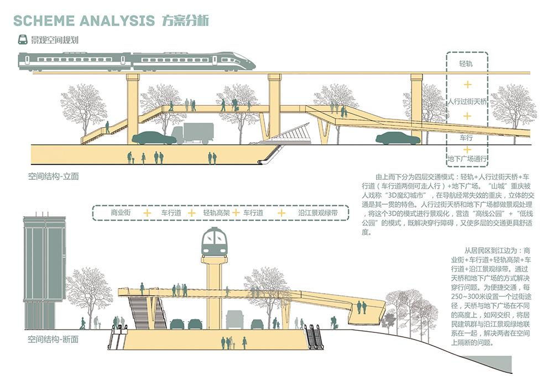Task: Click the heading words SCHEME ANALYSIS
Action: (x=84, y=21)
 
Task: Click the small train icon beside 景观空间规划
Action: (x=23, y=39)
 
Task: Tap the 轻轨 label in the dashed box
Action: (x=466, y=64)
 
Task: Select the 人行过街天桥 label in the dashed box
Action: (x=467, y=102)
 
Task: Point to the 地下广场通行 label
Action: (x=467, y=159)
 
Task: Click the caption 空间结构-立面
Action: (x=53, y=176)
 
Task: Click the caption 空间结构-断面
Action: (x=53, y=340)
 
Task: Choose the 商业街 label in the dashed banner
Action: (x=121, y=212)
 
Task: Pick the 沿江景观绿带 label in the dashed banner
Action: (x=318, y=212)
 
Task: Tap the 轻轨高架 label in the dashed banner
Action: (x=216, y=212)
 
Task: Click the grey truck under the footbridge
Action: (x=192, y=133)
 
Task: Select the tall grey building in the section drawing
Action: (x=44, y=272)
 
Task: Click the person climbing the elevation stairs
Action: (x=107, y=127)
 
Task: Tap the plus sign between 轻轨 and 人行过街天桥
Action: (x=467, y=85)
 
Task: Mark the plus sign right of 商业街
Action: (x=147, y=213)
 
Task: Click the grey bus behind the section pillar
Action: (x=234, y=320)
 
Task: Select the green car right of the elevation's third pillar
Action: (x=398, y=138)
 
